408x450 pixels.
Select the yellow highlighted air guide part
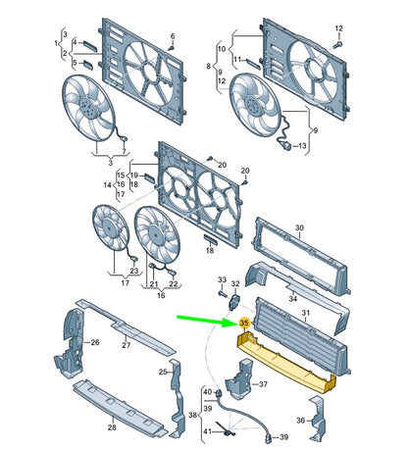tap(284, 358)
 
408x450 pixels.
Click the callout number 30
tap(301, 228)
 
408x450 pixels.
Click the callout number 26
tap(95, 342)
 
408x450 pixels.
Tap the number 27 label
tap(126, 345)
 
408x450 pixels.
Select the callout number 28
tap(111, 427)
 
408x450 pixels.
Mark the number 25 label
tap(162, 373)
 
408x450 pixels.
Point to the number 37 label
tap(262, 384)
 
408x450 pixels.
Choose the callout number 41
tap(207, 431)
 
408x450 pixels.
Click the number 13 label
tap(302, 147)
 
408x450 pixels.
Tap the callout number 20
tap(223, 164)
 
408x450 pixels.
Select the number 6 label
tap(172, 36)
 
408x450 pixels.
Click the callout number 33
tap(222, 280)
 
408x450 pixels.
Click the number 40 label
tap(207, 392)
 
